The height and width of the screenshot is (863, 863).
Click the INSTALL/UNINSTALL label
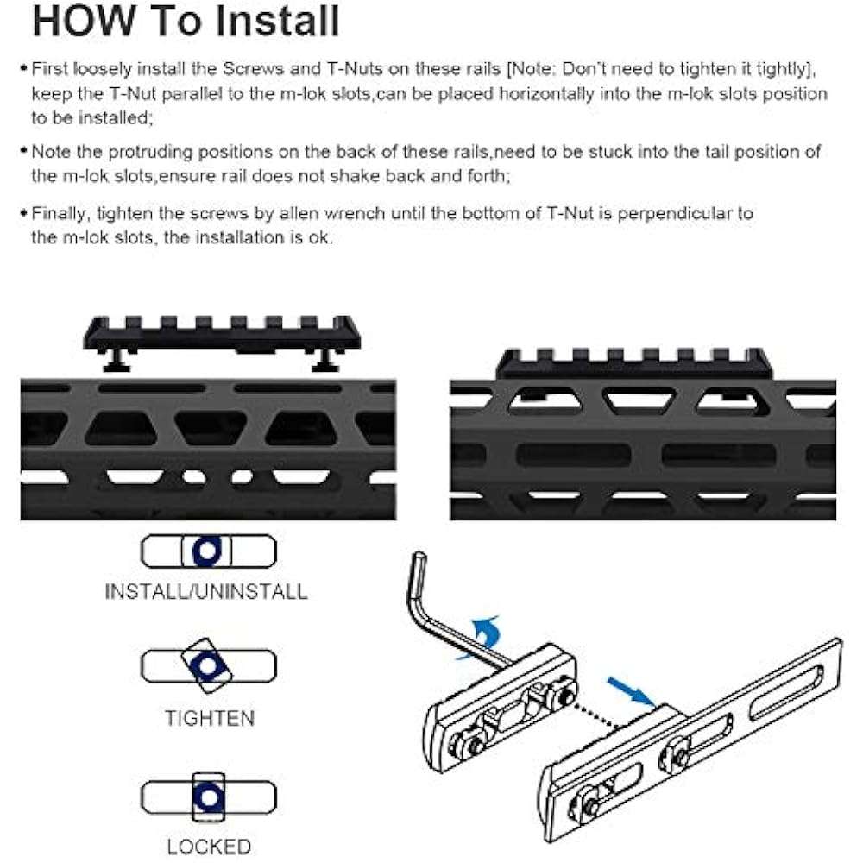(x=205, y=592)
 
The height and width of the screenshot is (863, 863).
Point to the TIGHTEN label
(x=209, y=718)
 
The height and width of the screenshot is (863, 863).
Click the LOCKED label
(x=209, y=846)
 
